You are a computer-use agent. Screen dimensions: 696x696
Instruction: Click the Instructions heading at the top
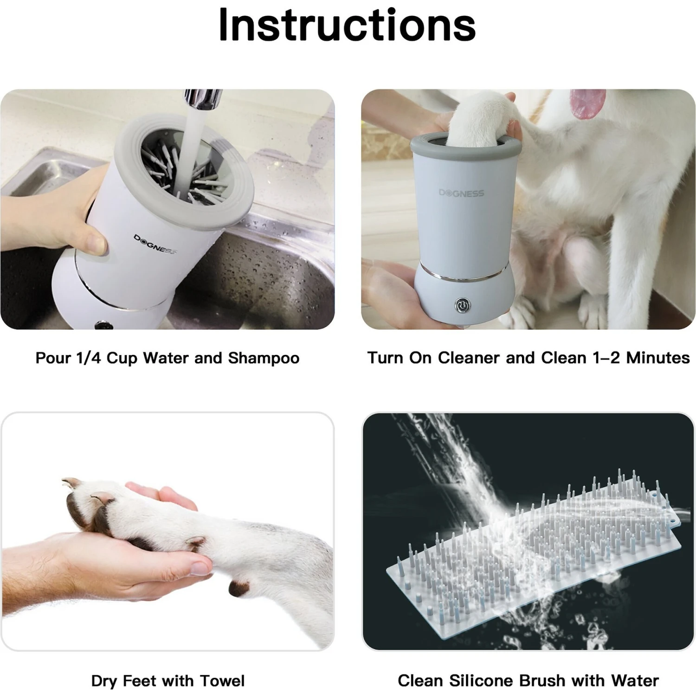pos(347,26)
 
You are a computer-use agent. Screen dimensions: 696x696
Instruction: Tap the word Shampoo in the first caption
pos(263,358)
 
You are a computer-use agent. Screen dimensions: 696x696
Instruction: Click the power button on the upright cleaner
pos(462,305)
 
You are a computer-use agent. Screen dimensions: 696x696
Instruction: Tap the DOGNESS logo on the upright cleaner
pos(461,193)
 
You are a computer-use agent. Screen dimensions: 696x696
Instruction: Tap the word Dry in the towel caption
pos(104,681)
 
